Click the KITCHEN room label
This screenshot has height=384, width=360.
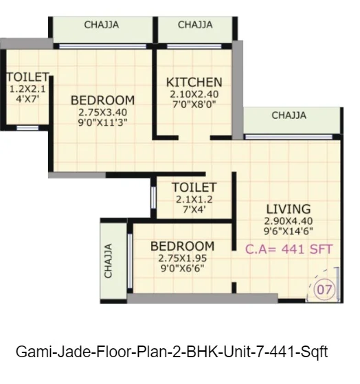tap(194, 82)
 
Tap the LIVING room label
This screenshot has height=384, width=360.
tap(289, 209)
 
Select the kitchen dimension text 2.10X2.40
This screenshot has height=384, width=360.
tap(194, 94)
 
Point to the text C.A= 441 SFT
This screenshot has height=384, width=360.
tap(289, 249)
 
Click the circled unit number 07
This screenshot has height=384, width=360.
tap(324, 289)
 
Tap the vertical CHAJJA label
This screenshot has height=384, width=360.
tap(109, 261)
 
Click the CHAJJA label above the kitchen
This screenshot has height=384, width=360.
tap(195, 25)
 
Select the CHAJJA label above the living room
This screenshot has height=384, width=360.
tap(289, 115)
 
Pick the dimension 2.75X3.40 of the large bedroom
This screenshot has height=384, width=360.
tap(102, 113)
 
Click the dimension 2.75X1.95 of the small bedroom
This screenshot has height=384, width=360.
tap(183, 258)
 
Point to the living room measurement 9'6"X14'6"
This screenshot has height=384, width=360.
tap(289, 231)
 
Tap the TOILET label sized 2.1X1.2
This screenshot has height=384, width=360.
tap(194, 188)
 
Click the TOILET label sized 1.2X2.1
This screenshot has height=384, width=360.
tap(27, 77)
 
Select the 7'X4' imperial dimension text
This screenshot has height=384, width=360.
tap(194, 210)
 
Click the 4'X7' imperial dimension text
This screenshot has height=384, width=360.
tap(27, 99)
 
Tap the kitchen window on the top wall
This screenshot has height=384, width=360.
tap(194, 47)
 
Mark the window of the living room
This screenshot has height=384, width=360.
tap(289, 137)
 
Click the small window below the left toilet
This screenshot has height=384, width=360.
tap(27, 128)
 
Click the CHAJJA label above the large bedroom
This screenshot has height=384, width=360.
tap(102, 25)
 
